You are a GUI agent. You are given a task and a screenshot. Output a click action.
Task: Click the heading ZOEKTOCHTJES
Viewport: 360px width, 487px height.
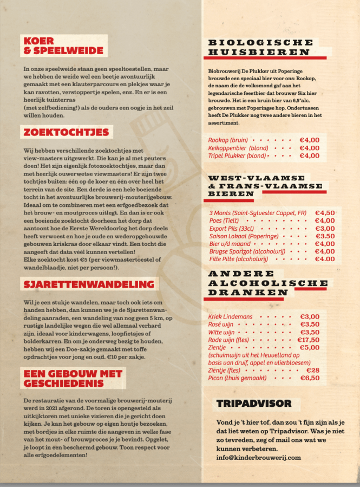click(x=66, y=132)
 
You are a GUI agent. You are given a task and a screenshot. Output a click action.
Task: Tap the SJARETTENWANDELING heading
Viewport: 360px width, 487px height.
click(x=88, y=284)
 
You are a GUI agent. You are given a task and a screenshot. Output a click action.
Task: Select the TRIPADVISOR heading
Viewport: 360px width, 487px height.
click(x=254, y=403)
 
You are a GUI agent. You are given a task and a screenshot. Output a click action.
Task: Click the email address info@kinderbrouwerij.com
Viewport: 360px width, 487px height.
click(x=258, y=457)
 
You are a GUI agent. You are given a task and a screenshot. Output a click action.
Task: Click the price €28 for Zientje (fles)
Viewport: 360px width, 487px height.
click(x=313, y=370)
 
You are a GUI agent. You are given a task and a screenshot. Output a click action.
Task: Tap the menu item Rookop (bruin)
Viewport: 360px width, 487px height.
click(x=228, y=140)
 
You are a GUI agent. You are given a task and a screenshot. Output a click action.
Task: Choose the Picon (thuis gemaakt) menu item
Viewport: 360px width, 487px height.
click(x=237, y=378)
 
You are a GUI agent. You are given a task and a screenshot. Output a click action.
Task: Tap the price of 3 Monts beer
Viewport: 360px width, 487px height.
click(x=324, y=213)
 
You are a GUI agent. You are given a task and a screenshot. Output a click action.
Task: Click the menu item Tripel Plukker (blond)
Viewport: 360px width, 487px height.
click(x=237, y=155)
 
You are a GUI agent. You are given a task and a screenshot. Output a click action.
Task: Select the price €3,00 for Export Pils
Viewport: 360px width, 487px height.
click(x=324, y=228)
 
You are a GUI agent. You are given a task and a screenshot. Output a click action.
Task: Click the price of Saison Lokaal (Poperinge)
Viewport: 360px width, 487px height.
click(x=325, y=236)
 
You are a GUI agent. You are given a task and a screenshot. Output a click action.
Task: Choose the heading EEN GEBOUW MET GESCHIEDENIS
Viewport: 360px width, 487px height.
click(x=72, y=378)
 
